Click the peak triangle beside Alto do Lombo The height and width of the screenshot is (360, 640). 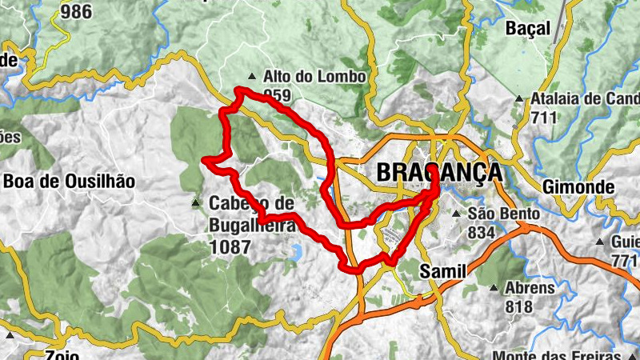(253, 78)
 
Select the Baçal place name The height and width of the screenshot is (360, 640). (528, 29)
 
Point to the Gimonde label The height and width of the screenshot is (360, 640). (578, 187)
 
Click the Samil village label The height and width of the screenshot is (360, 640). (442, 272)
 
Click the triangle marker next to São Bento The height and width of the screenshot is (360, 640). (457, 214)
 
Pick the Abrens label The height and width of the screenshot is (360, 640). (530, 288)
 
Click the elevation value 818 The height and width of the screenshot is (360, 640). (519, 306)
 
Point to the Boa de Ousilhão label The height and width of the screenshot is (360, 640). (69, 181)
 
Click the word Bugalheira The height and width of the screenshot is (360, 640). (251, 226)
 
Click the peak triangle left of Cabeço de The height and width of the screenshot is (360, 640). (197, 204)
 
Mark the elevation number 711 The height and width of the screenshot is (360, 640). (545, 117)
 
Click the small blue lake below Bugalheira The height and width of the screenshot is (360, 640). (294, 254)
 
